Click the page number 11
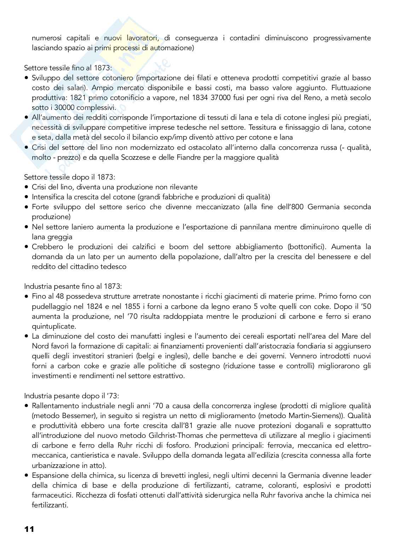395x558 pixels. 29,529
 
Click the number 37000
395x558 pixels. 212,98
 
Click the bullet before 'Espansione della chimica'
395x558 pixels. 27,475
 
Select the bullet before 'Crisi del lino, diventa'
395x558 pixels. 27,187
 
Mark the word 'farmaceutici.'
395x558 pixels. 51,495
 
